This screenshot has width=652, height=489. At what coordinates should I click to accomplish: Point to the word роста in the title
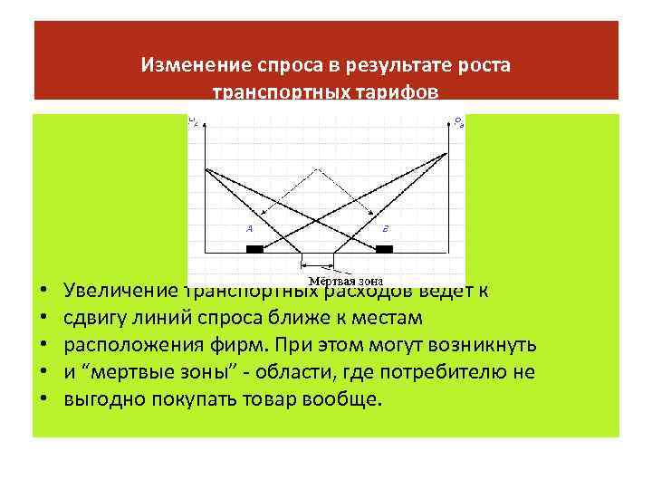(x=487, y=66)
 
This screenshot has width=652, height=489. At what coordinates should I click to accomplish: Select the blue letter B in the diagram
(x=385, y=229)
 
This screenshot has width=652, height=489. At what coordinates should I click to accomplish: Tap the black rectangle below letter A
(x=255, y=248)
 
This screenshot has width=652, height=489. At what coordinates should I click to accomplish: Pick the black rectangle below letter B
(x=385, y=248)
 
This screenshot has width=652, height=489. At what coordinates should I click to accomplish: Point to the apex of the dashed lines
(x=317, y=168)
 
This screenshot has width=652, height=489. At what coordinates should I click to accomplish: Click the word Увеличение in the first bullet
(x=119, y=292)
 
